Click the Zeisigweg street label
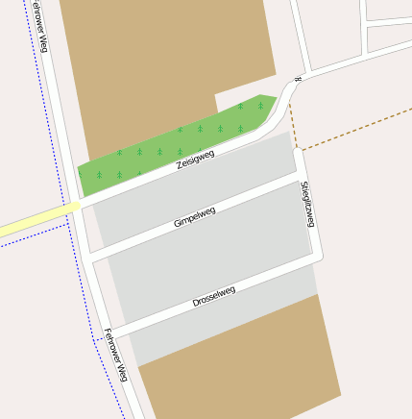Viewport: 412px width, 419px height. pyautogui.click(x=195, y=160)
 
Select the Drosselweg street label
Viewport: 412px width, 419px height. pyautogui.click(x=213, y=296)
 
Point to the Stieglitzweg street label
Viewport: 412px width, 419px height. pyautogui.click(x=307, y=203)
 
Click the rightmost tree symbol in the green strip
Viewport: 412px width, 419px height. pyautogui.click(x=260, y=106)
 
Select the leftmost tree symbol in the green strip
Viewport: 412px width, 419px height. pyautogui.click(x=99, y=175)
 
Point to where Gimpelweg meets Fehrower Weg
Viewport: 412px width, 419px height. pyautogui.click(x=88, y=258)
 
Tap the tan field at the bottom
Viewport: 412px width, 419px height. pyautogui.click(x=240, y=375)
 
